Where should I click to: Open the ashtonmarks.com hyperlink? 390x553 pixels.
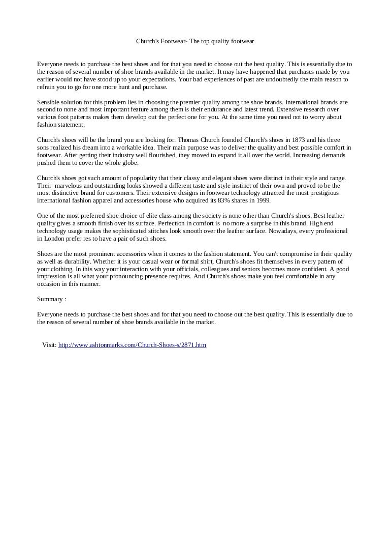132,345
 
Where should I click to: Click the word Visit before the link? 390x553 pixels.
49,345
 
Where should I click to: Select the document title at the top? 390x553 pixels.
195,41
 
